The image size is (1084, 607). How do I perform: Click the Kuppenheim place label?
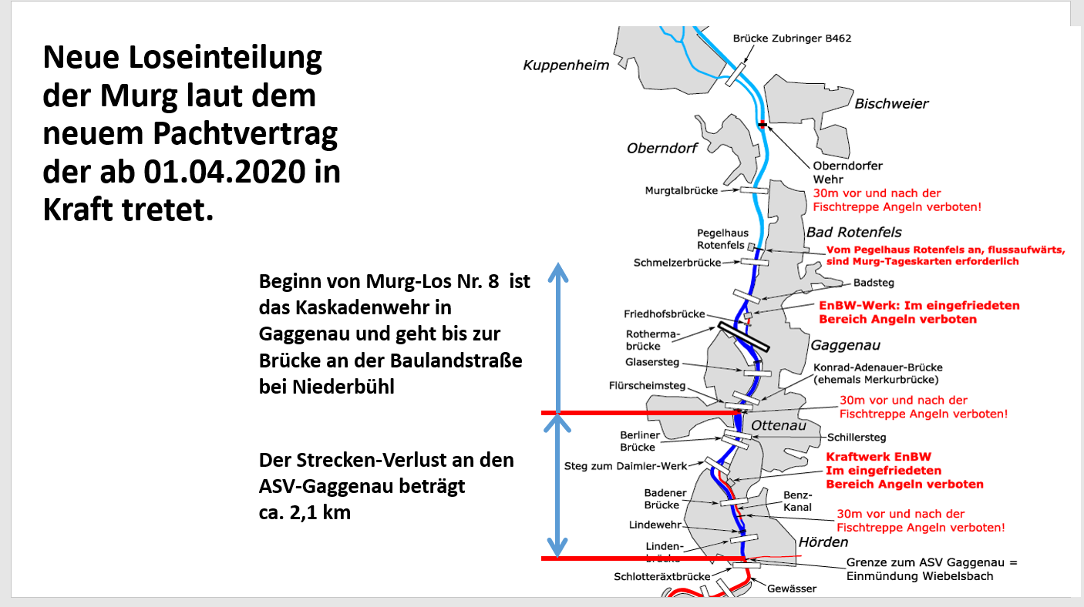click(x=566, y=65)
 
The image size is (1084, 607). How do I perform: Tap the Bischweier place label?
click(x=891, y=104)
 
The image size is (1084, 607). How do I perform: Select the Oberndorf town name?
click(x=663, y=147)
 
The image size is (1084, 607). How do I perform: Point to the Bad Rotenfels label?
click(x=853, y=232)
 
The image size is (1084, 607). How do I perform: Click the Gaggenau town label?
click(x=845, y=345)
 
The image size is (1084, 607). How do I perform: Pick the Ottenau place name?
click(x=778, y=426)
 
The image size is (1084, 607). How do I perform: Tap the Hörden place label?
click(x=823, y=542)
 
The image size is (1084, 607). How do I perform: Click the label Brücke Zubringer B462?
click(x=792, y=38)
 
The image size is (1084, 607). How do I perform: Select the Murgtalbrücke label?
click(x=682, y=190)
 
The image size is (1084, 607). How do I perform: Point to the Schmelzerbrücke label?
click(x=677, y=263)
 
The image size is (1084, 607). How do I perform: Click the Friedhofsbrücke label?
click(x=665, y=314)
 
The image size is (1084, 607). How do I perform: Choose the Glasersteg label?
click(x=652, y=362)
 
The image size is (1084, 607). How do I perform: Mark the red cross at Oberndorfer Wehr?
click(x=763, y=124)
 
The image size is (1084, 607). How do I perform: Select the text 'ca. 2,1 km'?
click(x=305, y=511)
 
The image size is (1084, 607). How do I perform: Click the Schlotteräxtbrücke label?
click(x=662, y=576)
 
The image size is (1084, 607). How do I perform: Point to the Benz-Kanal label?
click(x=798, y=501)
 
